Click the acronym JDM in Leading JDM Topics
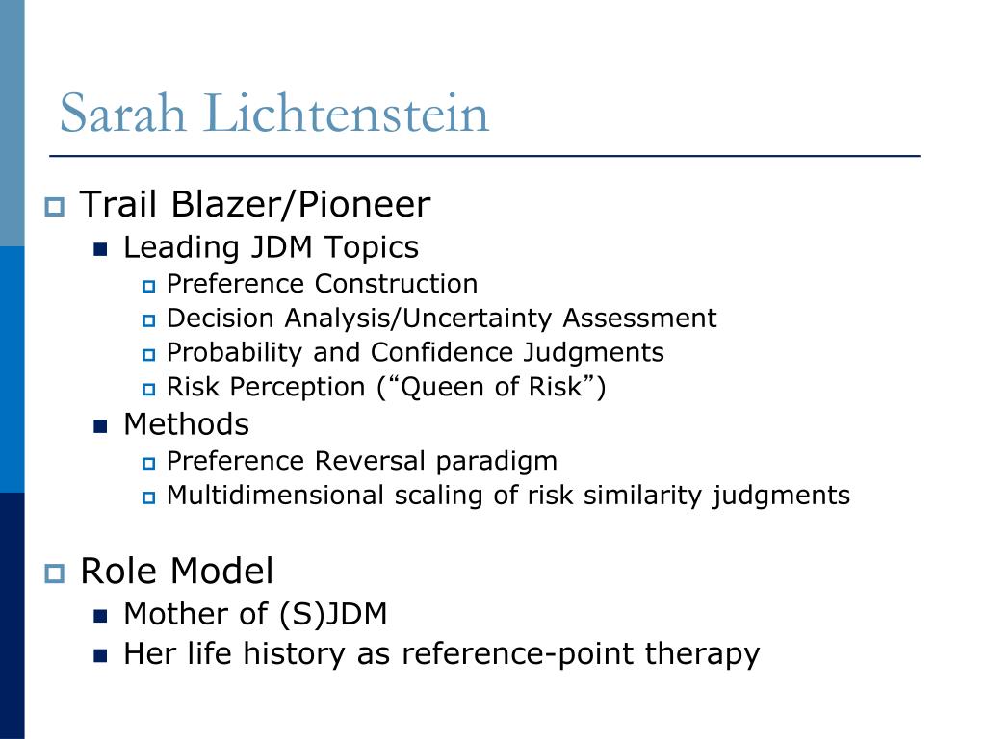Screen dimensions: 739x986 point(284,248)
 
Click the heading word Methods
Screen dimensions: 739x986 point(186,424)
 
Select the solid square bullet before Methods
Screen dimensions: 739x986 point(100,425)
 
